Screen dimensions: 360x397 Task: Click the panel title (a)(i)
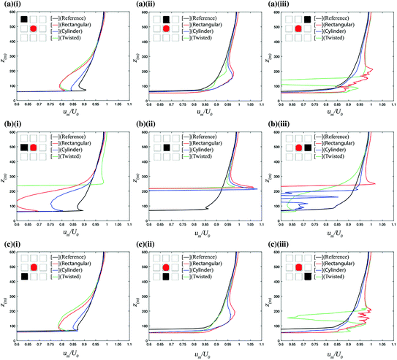click(x=16, y=5)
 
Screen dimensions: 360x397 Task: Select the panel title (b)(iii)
click(x=285, y=125)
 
